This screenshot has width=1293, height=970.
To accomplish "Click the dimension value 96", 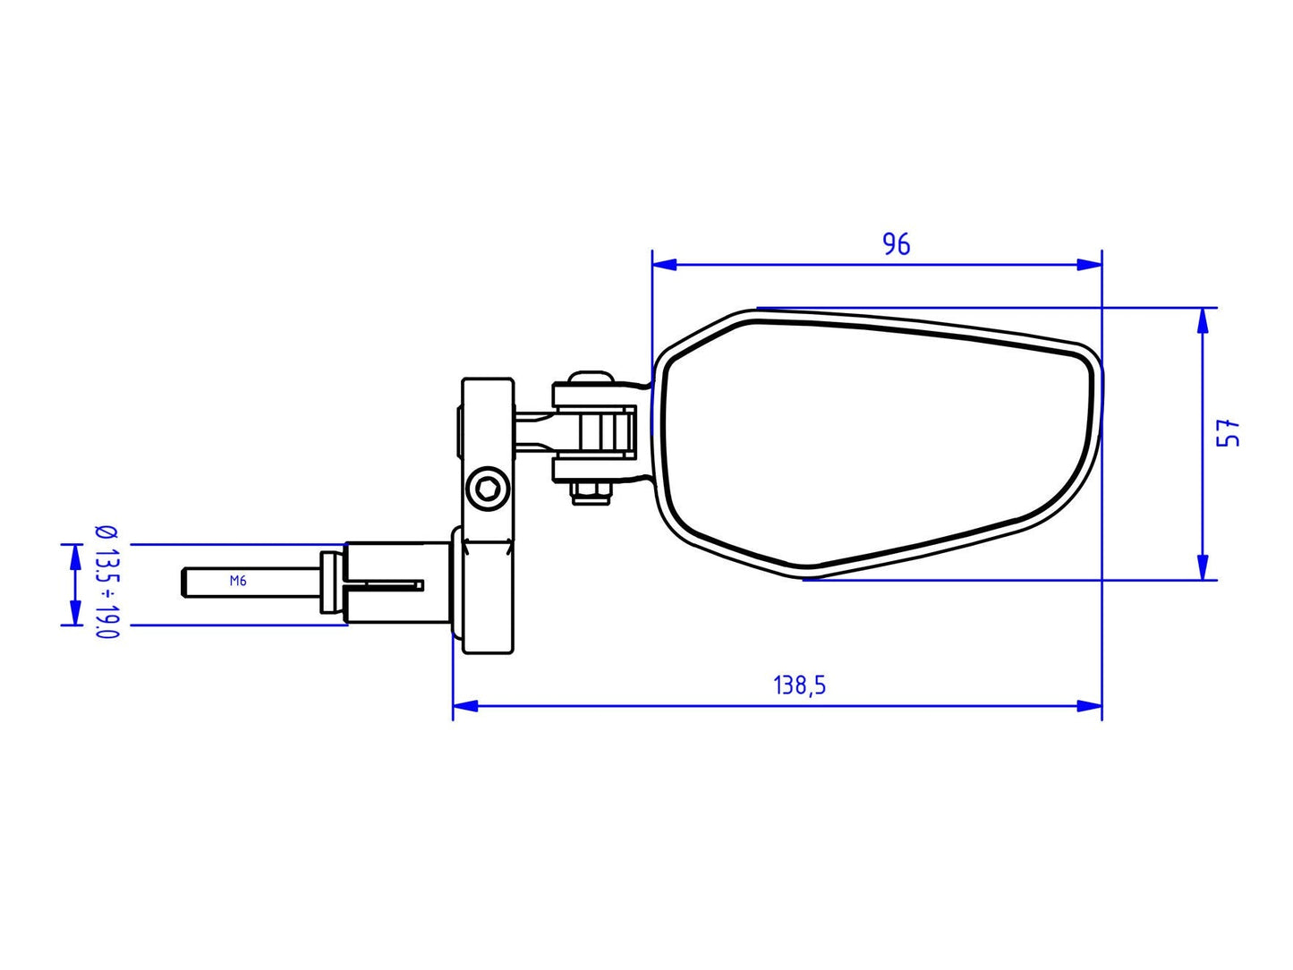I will pos(896,243).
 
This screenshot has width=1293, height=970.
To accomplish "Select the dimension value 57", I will pos(1232,433).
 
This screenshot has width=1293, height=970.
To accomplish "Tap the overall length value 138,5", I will pos(799,685).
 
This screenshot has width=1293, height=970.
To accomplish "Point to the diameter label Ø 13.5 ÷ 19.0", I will pos(106,582).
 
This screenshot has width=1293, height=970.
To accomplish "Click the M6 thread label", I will pos(237,581).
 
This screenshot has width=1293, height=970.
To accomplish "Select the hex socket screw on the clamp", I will pos(488,489).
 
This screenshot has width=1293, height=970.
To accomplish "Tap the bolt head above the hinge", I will pos(590,376).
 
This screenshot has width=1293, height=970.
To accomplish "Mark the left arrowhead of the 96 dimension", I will pos(665,264).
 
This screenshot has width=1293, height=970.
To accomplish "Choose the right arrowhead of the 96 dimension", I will pos(1089,264).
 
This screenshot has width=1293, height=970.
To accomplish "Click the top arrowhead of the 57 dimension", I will pos(1204,320).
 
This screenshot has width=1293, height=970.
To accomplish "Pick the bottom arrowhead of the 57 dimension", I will pos(1204,566).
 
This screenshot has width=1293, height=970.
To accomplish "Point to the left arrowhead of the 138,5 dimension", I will pos(465,706).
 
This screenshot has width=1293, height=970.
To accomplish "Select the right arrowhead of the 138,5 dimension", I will pos(1089,706).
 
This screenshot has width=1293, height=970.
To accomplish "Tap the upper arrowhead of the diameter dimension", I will pos(73,556).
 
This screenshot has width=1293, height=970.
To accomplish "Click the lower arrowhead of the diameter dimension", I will pos(73,613).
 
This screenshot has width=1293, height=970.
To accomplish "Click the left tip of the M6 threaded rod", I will pos(183,583).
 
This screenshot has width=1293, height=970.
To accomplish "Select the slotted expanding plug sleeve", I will pos(394,583).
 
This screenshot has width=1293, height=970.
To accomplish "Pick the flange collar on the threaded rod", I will pos(331,583).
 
